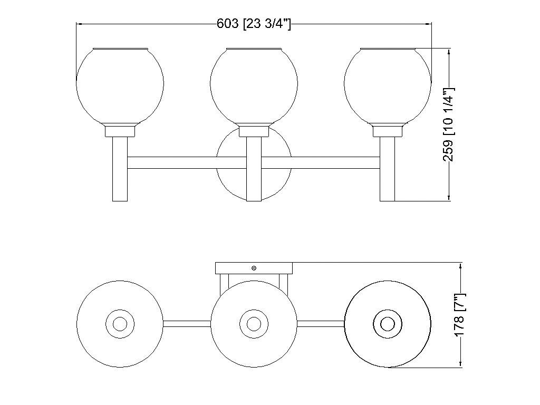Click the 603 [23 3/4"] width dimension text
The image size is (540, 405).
point(254,24)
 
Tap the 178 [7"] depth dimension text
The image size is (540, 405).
point(461,315)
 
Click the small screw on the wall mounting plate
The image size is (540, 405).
point(254,268)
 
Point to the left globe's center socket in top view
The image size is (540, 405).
point(120,323)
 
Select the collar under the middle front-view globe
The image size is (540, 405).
point(254,131)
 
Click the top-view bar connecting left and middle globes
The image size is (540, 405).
point(187,323)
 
